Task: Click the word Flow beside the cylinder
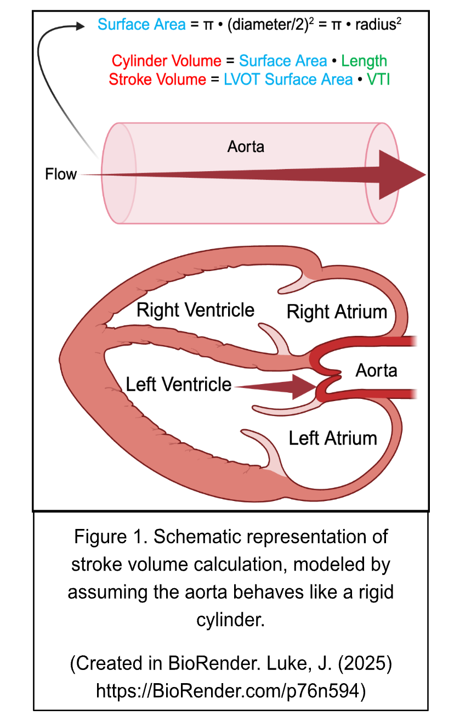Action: pos(60,174)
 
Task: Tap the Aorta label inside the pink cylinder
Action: pos(246,147)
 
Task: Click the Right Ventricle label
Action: pos(195,310)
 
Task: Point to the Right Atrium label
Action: pos(337,312)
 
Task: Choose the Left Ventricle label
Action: pos(179,384)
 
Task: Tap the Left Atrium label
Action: pos(333,438)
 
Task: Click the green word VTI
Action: pos(379,80)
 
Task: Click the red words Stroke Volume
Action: pos(157,80)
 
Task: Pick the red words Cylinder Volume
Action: pos(167,61)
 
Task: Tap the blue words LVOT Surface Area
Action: pos(288,80)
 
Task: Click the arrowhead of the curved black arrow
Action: pos(81,25)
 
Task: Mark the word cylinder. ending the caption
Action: pos(230,620)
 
